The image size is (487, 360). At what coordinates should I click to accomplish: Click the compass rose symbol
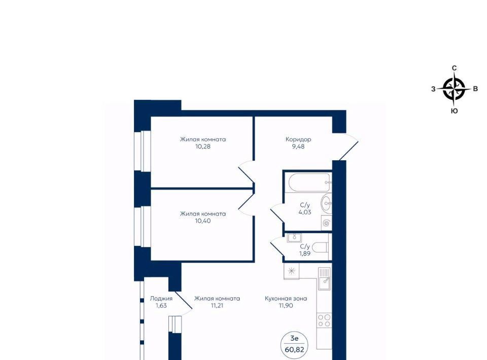454,89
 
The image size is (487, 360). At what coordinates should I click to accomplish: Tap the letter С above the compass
454,68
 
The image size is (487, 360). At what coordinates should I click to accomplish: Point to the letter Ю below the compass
454,111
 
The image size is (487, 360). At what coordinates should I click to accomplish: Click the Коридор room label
298,139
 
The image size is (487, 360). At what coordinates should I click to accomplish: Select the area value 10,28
203,147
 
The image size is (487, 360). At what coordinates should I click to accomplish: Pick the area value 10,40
203,221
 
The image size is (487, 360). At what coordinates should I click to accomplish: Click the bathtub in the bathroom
309,183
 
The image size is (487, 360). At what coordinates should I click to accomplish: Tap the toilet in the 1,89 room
320,247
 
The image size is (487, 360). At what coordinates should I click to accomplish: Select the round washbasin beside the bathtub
326,204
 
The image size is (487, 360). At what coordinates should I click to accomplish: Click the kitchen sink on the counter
324,278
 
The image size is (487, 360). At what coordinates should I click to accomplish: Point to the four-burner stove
324,320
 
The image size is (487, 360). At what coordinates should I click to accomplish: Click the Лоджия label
161,299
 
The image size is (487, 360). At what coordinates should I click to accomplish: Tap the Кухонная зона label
286,299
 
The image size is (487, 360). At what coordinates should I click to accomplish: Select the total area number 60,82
294,349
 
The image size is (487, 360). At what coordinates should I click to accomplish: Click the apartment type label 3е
294,338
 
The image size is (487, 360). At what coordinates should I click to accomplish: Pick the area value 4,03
305,212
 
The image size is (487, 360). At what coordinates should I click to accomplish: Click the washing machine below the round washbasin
326,223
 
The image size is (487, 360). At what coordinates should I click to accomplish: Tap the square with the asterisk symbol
291,272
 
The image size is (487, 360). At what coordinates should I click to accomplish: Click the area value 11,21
217,306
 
